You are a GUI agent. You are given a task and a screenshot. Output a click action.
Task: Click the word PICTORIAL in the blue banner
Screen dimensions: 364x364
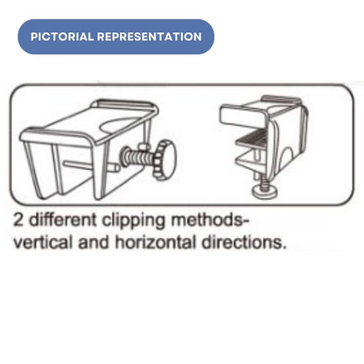62,37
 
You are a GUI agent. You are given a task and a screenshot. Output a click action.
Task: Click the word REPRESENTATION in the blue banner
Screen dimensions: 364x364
150,37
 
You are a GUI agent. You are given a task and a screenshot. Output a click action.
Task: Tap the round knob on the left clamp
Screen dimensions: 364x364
165,160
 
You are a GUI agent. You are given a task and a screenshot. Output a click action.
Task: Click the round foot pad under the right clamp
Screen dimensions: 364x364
265,192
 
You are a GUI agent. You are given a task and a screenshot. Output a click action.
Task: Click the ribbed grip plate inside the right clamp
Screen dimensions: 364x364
252,138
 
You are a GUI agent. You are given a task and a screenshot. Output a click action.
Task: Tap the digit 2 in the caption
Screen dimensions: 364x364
18,220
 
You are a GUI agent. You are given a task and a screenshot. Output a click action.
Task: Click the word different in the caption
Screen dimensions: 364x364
63,220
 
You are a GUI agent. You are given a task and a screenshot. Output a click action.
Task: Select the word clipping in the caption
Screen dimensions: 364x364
134,220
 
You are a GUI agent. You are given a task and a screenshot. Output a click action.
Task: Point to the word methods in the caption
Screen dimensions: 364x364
207,220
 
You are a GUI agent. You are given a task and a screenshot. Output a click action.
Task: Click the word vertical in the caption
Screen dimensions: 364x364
43,242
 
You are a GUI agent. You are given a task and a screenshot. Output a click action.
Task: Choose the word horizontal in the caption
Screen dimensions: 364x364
155,242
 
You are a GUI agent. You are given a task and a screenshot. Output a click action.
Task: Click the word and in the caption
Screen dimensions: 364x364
94,243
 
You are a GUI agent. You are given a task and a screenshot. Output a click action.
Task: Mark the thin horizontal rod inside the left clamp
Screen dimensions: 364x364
91,166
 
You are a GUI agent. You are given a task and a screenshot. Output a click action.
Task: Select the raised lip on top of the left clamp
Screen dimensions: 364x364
125,104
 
